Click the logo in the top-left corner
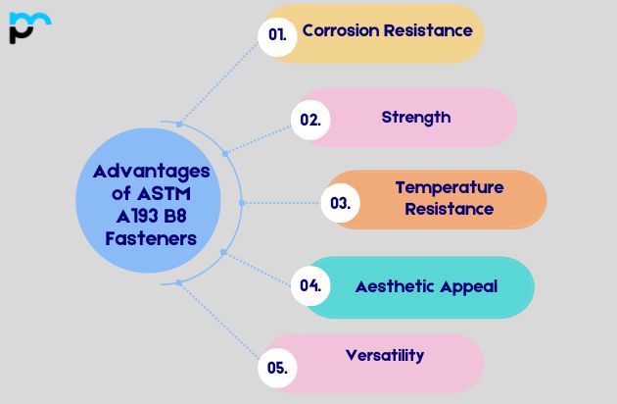click(x=28, y=27)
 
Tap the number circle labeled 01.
click(x=277, y=34)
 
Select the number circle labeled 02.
click(x=310, y=120)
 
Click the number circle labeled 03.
click(x=340, y=203)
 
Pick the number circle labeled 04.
click(x=310, y=286)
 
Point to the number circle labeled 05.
click(x=277, y=369)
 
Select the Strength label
click(x=416, y=118)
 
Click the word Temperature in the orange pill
click(x=449, y=187)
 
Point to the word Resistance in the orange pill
click(x=449, y=209)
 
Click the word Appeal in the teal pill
click(x=468, y=286)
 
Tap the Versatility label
click(x=385, y=355)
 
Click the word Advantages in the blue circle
click(x=151, y=171)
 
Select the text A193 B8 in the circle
click(x=151, y=216)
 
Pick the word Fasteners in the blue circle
click(x=151, y=238)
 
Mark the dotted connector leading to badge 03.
click(x=284, y=203)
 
